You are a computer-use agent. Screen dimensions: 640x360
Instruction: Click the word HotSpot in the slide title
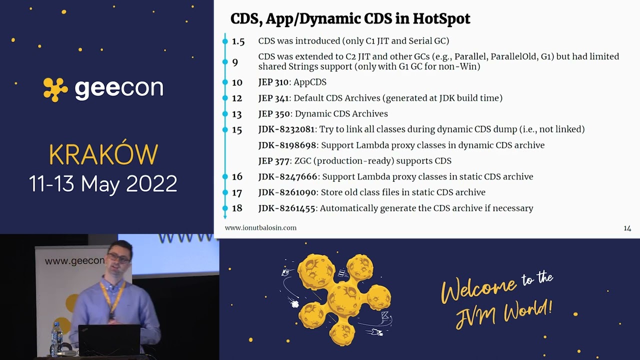441,19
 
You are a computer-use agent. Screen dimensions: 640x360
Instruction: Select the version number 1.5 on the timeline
238,41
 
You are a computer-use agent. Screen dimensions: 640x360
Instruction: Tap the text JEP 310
273,82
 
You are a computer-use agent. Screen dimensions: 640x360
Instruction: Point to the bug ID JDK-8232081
286,129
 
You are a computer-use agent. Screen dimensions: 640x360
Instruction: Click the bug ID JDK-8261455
286,208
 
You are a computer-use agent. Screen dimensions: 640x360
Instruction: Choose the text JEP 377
273,161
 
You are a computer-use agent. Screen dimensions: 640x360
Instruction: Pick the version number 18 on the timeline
237,208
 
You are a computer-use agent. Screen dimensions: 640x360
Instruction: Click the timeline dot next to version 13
225,114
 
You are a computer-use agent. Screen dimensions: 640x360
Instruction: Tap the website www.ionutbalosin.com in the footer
260,227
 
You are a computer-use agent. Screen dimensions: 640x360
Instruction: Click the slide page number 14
627,228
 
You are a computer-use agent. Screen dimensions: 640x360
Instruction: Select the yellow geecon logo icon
55,89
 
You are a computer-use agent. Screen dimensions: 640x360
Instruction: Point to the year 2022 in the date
151,183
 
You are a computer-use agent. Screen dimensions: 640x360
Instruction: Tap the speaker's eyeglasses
118,258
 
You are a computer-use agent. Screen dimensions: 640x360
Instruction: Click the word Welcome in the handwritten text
478,289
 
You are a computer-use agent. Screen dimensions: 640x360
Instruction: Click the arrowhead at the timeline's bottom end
225,217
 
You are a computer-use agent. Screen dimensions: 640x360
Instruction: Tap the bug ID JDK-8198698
287,145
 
